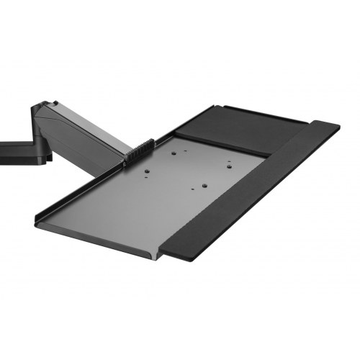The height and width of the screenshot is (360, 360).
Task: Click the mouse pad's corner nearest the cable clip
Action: pyautogui.click(x=177, y=132)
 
